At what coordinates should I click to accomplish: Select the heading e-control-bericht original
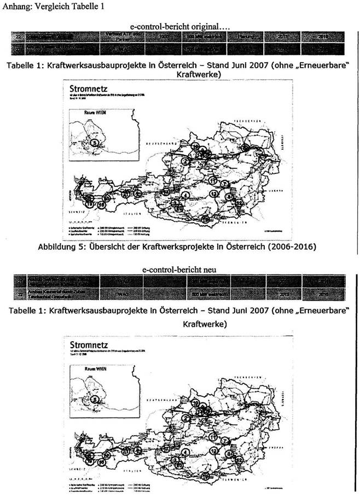click(181, 26)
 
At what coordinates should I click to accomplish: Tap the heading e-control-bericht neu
click(181, 270)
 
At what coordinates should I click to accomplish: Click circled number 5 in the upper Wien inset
click(96, 143)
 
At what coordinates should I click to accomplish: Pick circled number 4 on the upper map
click(186, 195)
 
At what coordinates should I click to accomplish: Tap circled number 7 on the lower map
click(225, 440)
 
